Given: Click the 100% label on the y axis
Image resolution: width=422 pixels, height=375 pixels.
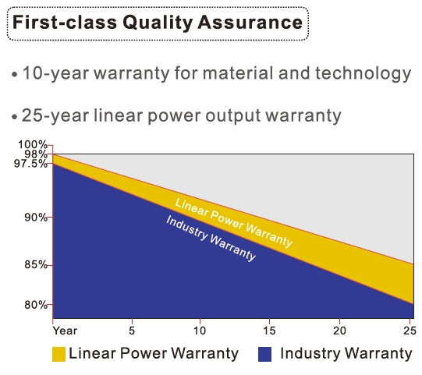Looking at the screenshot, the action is tap(33, 145).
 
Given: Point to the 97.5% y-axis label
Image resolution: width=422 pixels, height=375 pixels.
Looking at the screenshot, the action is tap(30, 163).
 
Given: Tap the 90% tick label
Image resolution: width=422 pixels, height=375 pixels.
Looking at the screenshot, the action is tap(36, 217).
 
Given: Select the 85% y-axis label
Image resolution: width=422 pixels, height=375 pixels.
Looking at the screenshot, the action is tap(36, 265).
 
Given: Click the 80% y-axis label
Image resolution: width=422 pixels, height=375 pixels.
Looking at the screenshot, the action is tap(36, 305).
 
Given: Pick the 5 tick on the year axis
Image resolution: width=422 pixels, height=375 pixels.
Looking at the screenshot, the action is tap(132, 331).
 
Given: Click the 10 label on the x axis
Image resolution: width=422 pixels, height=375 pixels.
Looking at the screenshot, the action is tap(200, 331).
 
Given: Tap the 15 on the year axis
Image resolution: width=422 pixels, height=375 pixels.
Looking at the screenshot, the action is tap(269, 331).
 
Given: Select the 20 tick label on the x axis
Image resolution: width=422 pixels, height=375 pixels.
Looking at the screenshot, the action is tap(339, 331).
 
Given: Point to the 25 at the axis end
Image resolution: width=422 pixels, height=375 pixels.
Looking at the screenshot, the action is tap(410, 331).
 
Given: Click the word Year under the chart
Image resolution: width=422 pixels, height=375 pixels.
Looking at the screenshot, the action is tap(65, 331).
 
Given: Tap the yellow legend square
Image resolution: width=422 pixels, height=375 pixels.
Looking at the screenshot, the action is tap(59, 354).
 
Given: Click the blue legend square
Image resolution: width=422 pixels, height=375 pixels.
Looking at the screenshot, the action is tap(264, 354).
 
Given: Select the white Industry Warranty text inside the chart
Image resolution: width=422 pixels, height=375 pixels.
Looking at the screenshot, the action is tap(211, 238).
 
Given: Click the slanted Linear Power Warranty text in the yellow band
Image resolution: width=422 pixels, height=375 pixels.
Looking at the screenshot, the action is tap(233, 223).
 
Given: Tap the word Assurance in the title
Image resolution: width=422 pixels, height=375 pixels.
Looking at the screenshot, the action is tap(250, 22).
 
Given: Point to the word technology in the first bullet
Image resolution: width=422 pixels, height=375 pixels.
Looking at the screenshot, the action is tap(363, 73).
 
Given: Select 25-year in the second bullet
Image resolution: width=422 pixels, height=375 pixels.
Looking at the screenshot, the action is tap(55, 115).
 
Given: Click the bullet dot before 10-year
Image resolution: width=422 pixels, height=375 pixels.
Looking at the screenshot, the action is tap(15, 75).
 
